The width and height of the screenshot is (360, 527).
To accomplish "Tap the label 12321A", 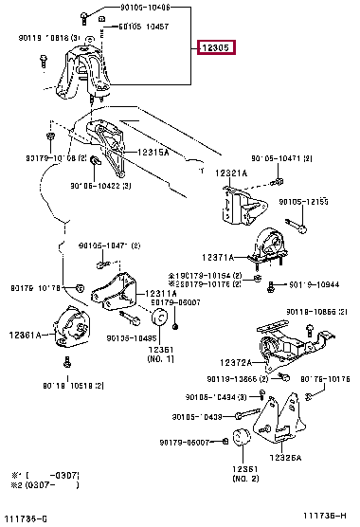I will [230, 173].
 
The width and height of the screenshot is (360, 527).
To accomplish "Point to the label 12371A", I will [216, 257].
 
